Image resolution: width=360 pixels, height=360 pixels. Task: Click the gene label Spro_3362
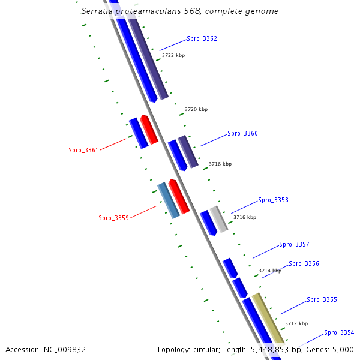pos(202,39)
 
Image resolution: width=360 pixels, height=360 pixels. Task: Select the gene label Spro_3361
pos(83,150)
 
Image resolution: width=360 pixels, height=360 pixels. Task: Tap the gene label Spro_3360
pos(242,134)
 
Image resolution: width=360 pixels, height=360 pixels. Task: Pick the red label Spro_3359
pos(113,218)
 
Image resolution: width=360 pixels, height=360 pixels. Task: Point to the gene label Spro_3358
pos(273,200)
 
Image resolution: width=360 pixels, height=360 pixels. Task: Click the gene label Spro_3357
pos(294,245)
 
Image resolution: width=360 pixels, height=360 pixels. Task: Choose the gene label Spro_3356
pos(304,264)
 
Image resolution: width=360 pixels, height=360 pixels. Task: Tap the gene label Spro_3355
pos(322,300)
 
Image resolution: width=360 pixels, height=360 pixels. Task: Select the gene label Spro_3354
pos(339,333)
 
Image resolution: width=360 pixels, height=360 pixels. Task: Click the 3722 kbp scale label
pos(173,56)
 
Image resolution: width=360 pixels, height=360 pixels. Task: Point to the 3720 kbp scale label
pos(196,110)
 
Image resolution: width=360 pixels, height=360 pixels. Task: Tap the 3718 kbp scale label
pos(220,164)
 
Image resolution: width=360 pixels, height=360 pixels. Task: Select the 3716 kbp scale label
pos(245,218)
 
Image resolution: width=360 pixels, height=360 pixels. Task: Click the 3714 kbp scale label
pos(270,271)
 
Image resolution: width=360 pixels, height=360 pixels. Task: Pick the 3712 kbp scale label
pos(296,324)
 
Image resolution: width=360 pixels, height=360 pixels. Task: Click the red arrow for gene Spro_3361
pos(149,130)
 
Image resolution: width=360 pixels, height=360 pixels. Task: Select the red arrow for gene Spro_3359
pos(179,196)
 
